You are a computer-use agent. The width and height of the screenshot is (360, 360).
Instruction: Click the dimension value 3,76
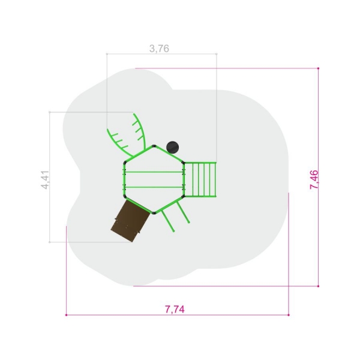(x=159, y=49)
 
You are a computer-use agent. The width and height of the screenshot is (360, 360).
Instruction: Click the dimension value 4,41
(x=45, y=180)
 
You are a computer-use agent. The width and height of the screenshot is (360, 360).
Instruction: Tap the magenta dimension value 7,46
(x=314, y=180)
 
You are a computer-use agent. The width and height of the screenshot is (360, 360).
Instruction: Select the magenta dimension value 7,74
(x=175, y=309)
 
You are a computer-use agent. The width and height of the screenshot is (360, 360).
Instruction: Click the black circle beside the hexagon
(x=172, y=147)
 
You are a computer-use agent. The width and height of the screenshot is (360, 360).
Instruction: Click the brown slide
(x=130, y=221)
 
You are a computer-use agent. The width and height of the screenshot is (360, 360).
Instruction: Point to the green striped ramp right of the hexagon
(x=200, y=179)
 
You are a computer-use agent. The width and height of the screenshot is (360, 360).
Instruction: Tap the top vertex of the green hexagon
(x=154, y=146)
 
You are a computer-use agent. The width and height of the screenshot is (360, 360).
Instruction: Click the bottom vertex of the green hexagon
(x=154, y=213)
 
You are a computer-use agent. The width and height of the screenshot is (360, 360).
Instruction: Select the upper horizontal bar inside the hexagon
(x=154, y=172)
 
